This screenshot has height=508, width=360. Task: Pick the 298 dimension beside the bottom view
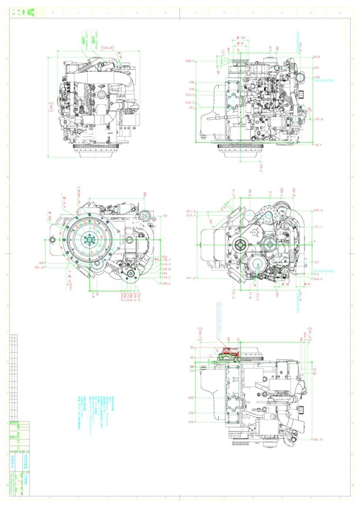(x=192, y=396)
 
